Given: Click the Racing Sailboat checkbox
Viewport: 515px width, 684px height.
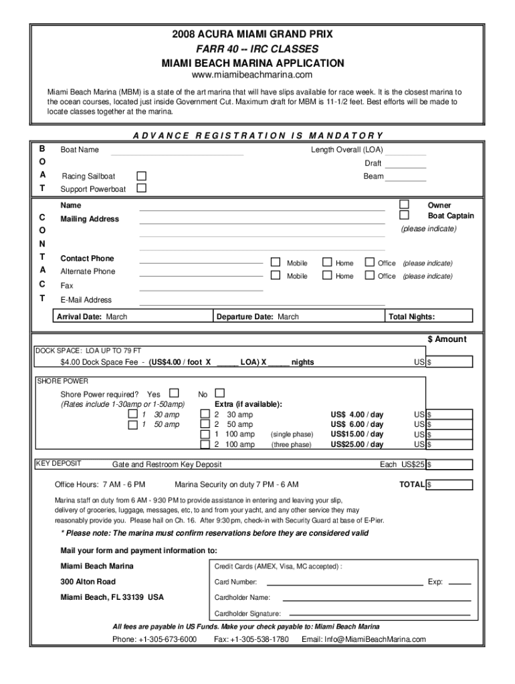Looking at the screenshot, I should [x=141, y=176].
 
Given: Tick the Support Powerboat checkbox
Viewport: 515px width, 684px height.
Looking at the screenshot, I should [x=141, y=188].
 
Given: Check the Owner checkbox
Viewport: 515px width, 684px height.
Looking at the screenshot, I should [x=404, y=204].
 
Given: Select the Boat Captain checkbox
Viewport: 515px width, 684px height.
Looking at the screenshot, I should [x=404, y=215].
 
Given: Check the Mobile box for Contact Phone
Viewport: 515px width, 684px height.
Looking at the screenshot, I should [x=276, y=263].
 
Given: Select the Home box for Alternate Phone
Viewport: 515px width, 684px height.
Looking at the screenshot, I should [x=327, y=275].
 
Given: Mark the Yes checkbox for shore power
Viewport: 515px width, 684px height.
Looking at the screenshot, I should [x=175, y=393].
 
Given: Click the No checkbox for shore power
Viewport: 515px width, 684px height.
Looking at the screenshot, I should [x=219, y=393].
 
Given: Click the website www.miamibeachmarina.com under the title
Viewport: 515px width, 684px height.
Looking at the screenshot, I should [x=252, y=75].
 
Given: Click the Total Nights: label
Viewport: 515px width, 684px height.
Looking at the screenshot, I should [x=411, y=317].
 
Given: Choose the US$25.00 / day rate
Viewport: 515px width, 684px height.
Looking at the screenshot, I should [x=357, y=444].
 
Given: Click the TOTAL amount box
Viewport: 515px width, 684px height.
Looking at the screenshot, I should [x=449, y=484].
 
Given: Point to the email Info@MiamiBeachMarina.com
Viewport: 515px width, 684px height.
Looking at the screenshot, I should [x=363, y=639].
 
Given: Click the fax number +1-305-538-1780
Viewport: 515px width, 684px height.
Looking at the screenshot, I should [x=251, y=639].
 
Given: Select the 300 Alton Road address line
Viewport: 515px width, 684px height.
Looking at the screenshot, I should [x=88, y=581].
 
